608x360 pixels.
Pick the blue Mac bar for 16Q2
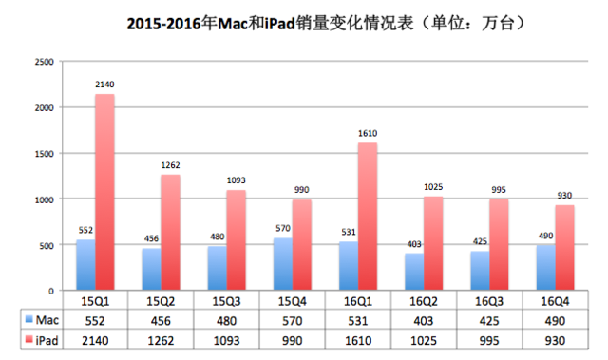pos(386,272)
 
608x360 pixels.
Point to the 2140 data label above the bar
pos(104,85)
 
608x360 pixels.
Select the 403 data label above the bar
pos(386,245)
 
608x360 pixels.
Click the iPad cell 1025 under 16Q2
pos(424,339)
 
